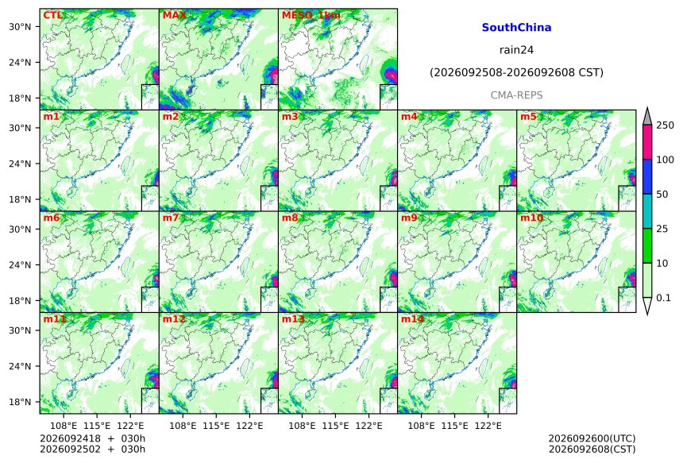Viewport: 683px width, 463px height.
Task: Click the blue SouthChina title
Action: click(x=516, y=28)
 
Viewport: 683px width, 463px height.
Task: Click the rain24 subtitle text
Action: click(x=516, y=50)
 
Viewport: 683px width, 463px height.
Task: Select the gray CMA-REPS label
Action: click(x=516, y=95)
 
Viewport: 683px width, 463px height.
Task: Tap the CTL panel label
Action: click(x=52, y=15)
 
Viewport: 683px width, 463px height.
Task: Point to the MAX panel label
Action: click(x=174, y=15)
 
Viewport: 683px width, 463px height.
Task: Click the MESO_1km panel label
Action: click(x=311, y=16)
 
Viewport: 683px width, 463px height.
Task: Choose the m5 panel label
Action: click(x=528, y=117)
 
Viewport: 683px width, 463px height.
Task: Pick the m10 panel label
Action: click(x=531, y=218)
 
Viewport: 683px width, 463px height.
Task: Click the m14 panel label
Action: click(x=412, y=319)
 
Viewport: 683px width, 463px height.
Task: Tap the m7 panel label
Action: click(x=170, y=218)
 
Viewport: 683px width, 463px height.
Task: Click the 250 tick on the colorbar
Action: click(x=666, y=125)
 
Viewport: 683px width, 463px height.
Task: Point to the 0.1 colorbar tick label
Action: click(x=663, y=298)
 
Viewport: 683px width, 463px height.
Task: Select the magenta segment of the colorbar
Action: click(x=647, y=142)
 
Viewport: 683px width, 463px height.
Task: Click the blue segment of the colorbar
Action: click(x=647, y=176)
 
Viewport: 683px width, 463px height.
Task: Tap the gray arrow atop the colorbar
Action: click(x=647, y=116)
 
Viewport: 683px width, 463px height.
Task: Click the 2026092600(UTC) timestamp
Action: click(x=592, y=438)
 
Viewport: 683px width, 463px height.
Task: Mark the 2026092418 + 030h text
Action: click(x=93, y=438)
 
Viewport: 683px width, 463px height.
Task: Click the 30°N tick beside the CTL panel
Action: click(x=20, y=26)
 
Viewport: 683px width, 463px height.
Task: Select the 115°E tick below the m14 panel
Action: click(x=455, y=425)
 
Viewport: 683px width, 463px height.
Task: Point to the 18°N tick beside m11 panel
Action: click(x=20, y=402)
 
